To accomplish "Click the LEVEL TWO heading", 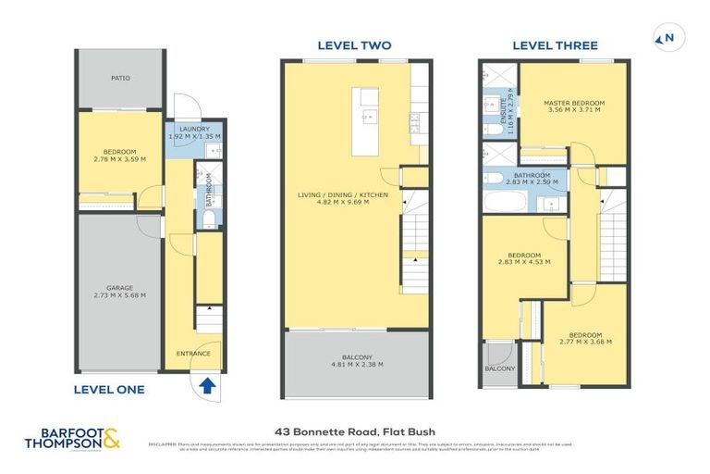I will [x=354, y=44].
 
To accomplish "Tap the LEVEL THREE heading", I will [x=556, y=44].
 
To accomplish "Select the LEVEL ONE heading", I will [x=109, y=390].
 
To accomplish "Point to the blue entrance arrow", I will [x=208, y=382].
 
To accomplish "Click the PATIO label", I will [x=120, y=79].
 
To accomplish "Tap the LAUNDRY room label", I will [x=195, y=129].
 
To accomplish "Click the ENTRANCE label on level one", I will [x=193, y=353].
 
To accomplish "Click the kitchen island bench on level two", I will [x=369, y=110].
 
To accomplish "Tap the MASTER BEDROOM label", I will [x=573, y=102].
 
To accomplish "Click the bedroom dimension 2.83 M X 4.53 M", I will [x=524, y=262].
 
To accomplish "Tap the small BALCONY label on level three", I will [x=499, y=368].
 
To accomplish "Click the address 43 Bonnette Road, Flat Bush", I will [x=355, y=430].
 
